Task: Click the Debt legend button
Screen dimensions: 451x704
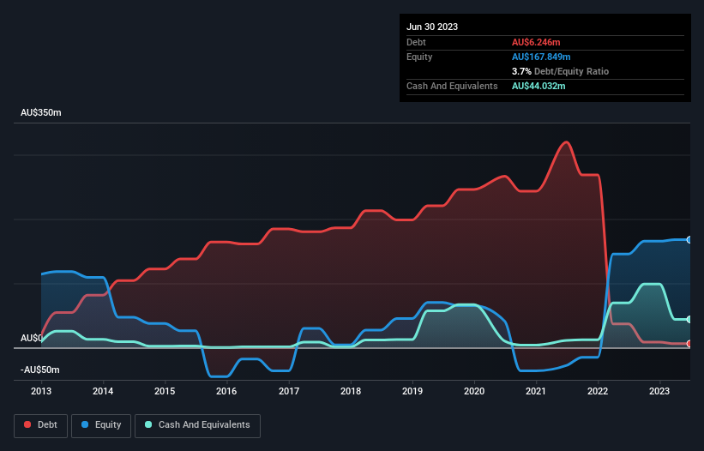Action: (x=39, y=425)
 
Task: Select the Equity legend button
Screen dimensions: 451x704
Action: (x=101, y=425)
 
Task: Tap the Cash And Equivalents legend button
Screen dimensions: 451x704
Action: (x=197, y=425)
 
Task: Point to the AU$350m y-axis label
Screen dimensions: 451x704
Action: (x=41, y=113)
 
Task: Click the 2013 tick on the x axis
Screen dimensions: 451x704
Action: (x=41, y=392)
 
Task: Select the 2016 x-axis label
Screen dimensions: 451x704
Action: (x=226, y=392)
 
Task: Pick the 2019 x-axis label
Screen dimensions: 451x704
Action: (x=412, y=392)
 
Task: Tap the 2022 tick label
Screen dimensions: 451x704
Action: (x=598, y=392)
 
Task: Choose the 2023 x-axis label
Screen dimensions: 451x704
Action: (x=659, y=392)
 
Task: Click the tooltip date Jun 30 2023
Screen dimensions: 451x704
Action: (x=432, y=27)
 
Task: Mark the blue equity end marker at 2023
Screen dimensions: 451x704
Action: (x=689, y=240)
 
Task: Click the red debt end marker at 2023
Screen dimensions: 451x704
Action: (x=689, y=344)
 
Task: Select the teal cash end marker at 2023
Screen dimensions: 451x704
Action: (x=689, y=320)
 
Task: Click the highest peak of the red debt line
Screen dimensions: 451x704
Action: (x=564, y=142)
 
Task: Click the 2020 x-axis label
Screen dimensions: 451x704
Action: (x=474, y=392)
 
